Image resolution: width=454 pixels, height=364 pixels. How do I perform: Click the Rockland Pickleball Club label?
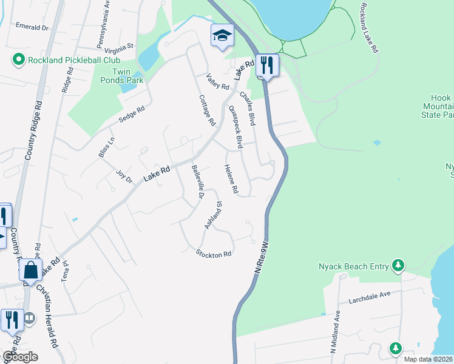coord(73,60)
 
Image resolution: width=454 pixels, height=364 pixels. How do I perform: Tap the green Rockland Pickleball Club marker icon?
coord(18,60)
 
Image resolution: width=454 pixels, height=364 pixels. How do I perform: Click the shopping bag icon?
coord(30,270)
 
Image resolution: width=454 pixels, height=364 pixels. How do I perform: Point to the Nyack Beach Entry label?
coord(355,266)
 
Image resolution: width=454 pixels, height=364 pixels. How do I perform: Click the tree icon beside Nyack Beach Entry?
coord(398,265)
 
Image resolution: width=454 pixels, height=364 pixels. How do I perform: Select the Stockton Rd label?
coord(214,254)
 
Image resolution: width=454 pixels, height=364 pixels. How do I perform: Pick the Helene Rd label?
coord(229,180)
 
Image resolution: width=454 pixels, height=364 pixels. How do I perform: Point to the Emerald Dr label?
coord(32,27)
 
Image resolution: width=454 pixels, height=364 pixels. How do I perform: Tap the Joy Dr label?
coord(124,177)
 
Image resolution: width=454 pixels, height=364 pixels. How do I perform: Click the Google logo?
coord(19,357)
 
